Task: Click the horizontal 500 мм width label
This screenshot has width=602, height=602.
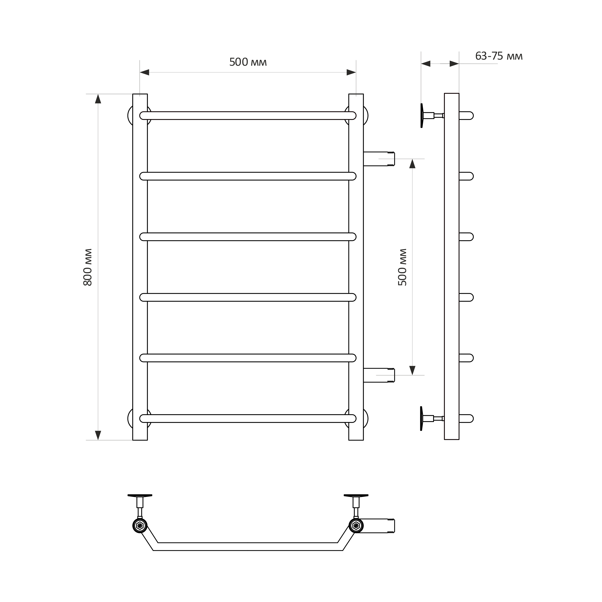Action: click(248, 62)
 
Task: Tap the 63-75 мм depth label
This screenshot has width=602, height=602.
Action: click(499, 56)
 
